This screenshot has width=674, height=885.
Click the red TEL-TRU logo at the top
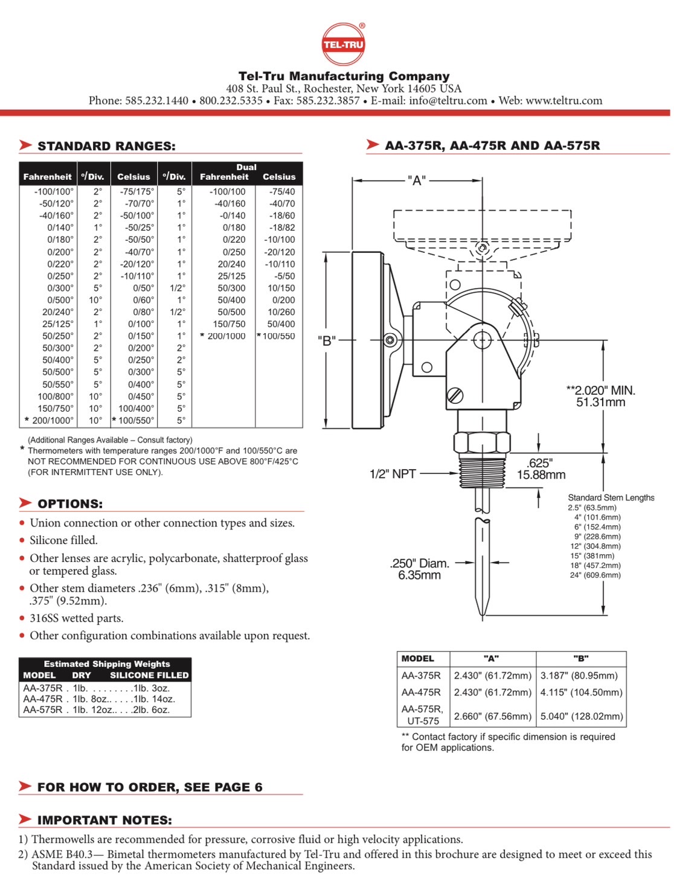(343, 44)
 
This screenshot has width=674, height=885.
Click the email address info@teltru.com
(448, 101)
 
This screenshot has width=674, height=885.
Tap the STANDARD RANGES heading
(106, 146)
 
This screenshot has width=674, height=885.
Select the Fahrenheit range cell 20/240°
(58, 312)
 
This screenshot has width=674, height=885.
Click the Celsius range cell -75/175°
(137, 191)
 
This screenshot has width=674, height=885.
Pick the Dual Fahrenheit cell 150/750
(229, 324)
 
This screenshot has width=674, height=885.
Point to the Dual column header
(246, 167)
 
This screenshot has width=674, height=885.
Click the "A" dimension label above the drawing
(417, 180)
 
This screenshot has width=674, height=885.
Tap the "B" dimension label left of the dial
(327, 340)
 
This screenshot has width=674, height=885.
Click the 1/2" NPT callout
(393, 474)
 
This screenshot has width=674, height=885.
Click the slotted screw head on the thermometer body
(455, 395)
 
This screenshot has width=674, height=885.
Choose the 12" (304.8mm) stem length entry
(595, 546)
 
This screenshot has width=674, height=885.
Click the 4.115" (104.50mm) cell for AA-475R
(581, 692)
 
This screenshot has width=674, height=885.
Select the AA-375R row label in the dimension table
(421, 676)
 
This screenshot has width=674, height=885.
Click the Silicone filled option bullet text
(63, 540)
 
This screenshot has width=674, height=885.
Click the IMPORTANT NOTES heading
(104, 820)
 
